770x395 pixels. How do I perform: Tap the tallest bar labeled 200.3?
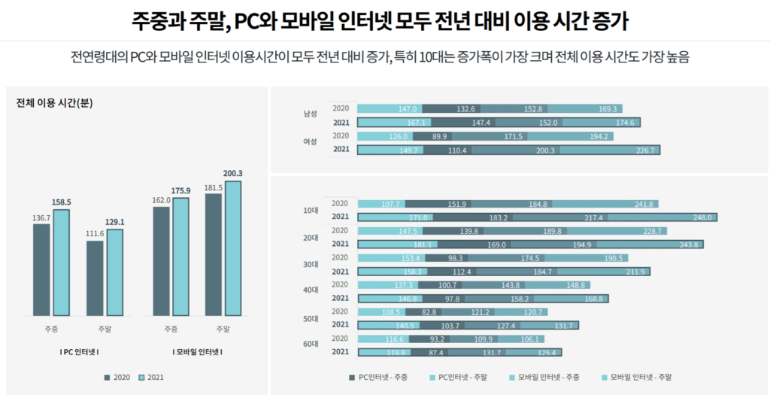(x=234, y=248)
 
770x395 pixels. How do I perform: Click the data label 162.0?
(x=161, y=201)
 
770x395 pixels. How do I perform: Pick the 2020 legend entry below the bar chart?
(x=117, y=377)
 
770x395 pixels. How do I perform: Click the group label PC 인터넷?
(x=79, y=352)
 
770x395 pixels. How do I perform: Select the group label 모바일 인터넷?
(x=198, y=352)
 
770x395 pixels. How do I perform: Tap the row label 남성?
(x=310, y=114)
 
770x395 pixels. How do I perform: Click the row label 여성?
(x=310, y=142)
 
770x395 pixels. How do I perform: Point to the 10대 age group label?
(x=310, y=211)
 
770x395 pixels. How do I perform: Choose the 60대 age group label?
(x=310, y=345)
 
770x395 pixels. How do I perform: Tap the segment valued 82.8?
(x=429, y=311)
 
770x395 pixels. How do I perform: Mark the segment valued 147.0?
(x=390, y=109)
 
